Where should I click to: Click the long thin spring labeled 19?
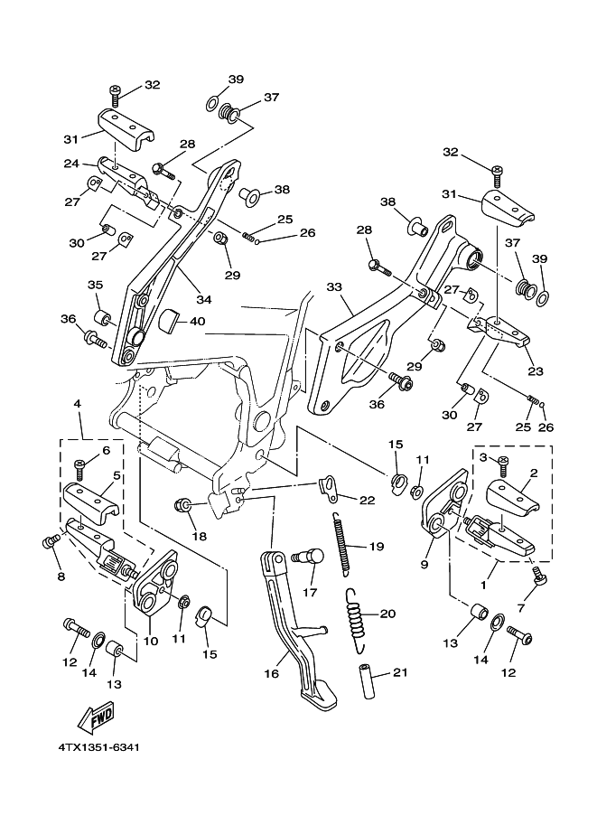[x=342, y=542]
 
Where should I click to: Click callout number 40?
[x=198, y=321]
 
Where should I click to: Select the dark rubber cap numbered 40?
[x=169, y=319]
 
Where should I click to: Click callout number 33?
[x=335, y=286]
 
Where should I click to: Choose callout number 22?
[x=366, y=501]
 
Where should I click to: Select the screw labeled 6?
[x=79, y=468]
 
